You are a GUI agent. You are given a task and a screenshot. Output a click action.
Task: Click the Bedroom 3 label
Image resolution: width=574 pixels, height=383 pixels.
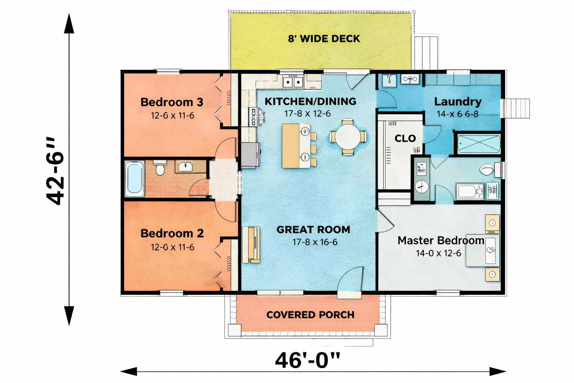pos(172,102)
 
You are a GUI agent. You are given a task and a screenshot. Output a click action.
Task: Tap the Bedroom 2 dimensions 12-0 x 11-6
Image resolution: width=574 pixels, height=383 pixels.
pos(172,247)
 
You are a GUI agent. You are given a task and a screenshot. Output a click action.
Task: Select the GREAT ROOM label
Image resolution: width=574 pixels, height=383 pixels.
pos(314,230)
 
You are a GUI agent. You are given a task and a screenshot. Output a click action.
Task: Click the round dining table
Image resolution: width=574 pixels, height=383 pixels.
pos(348,137)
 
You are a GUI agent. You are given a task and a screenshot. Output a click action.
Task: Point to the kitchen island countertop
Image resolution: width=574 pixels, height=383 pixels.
pos(296,146)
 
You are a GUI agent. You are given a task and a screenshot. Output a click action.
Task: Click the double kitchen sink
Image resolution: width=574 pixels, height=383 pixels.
pos(293,82)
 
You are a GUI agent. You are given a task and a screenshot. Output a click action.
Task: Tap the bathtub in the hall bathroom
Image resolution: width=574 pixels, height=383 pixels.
pos(134,179)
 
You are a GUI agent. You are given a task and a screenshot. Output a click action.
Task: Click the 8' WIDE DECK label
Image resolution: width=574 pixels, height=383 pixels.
pos(324,39)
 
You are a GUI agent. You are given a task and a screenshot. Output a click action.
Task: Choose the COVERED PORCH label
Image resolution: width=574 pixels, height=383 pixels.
pos(310,315)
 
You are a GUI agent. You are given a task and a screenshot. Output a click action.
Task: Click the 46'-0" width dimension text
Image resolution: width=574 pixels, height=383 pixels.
pos(308,361)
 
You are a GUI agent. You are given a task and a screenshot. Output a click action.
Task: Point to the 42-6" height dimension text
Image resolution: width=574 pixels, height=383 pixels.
pos(55,171)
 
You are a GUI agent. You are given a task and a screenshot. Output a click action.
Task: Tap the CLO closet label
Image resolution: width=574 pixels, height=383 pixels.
pos(405,138)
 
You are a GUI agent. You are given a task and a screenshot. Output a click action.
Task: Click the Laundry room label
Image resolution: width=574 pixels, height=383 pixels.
pos(458,102)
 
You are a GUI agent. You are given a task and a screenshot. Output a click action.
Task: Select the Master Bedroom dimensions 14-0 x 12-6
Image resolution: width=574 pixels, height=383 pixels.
pos(438,253)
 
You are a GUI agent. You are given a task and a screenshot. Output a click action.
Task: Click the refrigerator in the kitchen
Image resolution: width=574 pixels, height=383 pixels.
pos(251,156)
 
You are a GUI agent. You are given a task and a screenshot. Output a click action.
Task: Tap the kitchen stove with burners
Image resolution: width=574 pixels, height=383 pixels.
pos(253,117)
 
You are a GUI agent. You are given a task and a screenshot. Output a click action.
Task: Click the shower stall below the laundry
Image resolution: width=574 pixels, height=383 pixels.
pos(479,144)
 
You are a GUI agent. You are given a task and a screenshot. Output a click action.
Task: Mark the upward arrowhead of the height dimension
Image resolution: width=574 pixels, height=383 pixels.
pos(69,24)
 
